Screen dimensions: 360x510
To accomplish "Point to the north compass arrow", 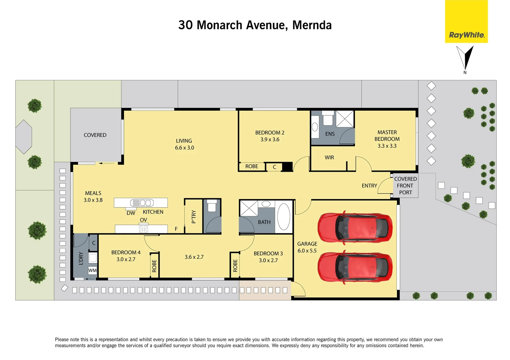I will click(465, 59).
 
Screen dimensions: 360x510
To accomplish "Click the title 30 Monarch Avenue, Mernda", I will click(255, 25).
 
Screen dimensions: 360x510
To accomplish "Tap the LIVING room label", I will click(184, 144).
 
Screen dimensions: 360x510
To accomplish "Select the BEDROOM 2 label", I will click(270, 136).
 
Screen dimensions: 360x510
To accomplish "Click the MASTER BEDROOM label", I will click(387, 139).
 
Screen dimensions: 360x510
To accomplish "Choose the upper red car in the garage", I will click(355, 228).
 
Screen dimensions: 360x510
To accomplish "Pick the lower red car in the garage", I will click(355, 268).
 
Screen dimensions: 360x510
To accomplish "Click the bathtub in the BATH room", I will click(284, 217).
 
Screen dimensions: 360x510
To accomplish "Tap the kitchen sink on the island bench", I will click(142, 203).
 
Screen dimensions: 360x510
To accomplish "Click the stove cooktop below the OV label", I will click(143, 229).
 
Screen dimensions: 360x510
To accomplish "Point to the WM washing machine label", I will click(92, 270).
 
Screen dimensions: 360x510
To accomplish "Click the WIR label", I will click(329, 158).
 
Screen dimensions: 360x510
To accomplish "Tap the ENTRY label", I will click(369, 186).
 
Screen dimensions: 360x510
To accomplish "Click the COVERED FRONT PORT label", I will click(405, 186).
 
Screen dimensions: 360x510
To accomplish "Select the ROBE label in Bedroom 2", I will click(251, 166).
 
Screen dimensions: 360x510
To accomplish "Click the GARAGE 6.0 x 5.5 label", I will click(307, 247).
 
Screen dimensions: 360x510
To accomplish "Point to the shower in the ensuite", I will click(345, 119).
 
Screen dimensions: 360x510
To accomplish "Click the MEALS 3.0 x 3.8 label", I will click(93, 197).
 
